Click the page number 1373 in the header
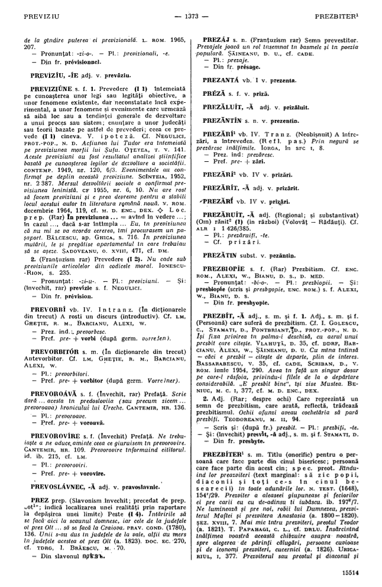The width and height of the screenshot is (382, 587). (x=191, y=11)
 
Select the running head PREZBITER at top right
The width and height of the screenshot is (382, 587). (x=341, y=11)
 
